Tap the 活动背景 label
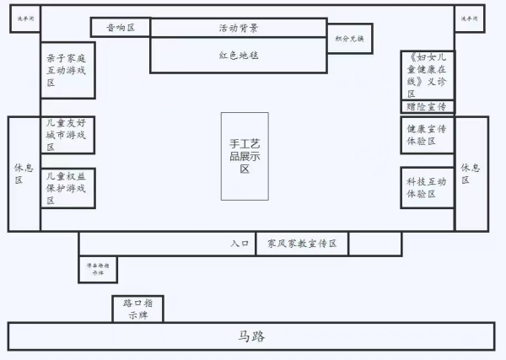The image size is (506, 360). (238, 28)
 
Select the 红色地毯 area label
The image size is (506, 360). (238, 56)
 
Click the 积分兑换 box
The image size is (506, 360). (350, 38)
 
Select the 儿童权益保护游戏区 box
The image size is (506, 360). (67, 188)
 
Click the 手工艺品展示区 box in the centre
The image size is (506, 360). (245, 156)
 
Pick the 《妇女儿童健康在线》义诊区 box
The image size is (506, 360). (427, 75)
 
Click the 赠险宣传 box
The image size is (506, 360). (427, 107)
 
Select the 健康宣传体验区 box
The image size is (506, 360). (427, 135)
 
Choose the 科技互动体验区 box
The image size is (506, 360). (427, 188)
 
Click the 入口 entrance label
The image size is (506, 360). (240, 244)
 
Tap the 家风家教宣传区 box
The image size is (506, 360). (302, 244)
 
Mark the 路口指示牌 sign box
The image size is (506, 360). (137, 309)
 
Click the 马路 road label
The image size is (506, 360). (251, 336)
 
